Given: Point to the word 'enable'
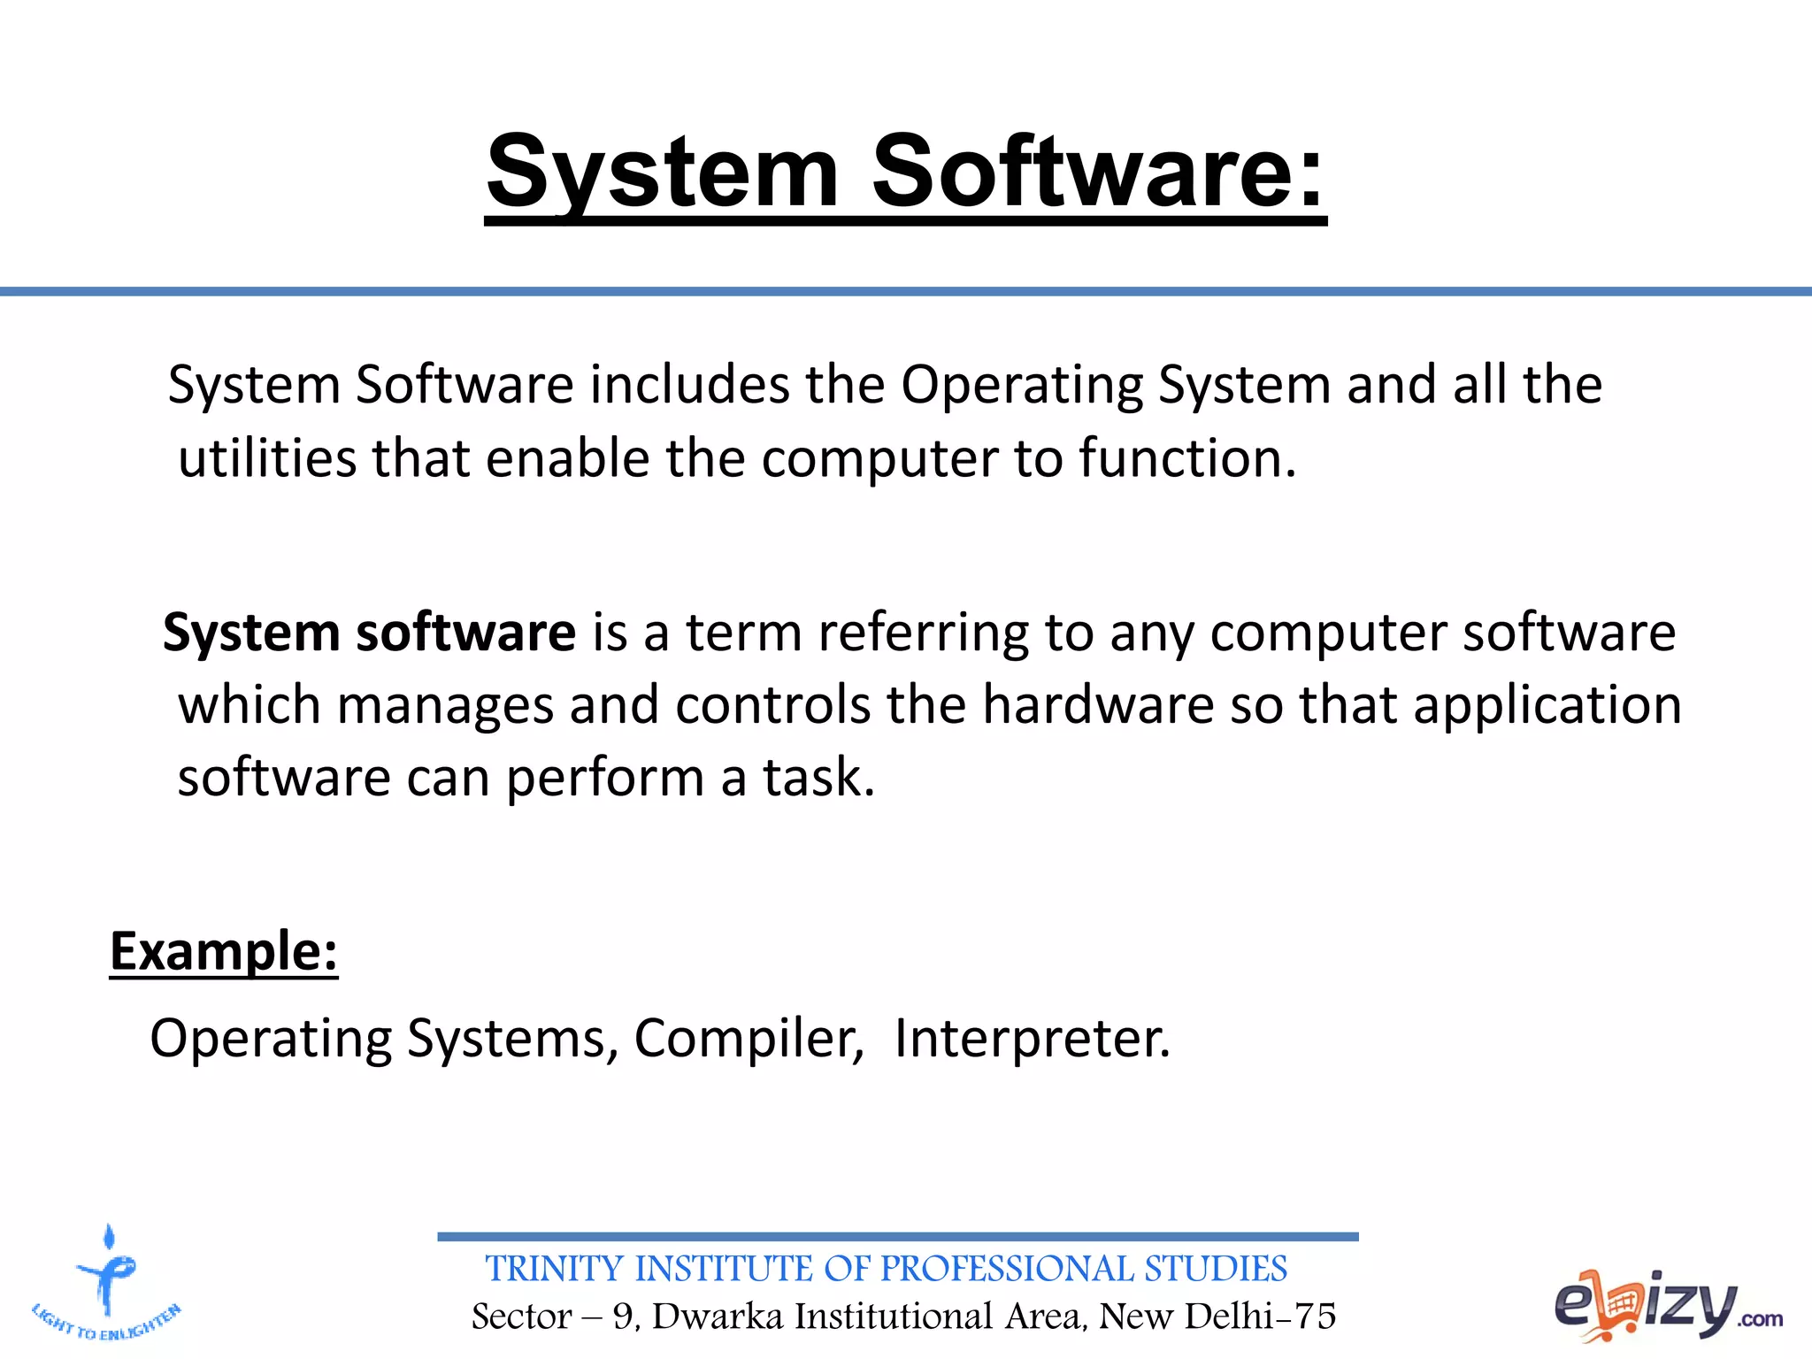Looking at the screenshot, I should pyautogui.click(x=567, y=458).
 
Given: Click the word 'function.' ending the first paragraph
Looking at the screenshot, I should pyautogui.click(x=1187, y=458).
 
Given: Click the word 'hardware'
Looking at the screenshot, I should pyautogui.click(x=1097, y=705).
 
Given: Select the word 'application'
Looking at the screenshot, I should pyautogui.click(x=1547, y=705).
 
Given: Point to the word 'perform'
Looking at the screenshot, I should pyautogui.click(x=604, y=778).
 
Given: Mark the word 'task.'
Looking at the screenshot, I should pyautogui.click(x=818, y=778).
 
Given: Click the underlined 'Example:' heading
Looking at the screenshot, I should pyautogui.click(x=224, y=951).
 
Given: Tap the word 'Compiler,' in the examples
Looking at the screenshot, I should pyautogui.click(x=749, y=1038).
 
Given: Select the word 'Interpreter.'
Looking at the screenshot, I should pyautogui.click(x=1032, y=1038).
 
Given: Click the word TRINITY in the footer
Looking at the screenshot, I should pyautogui.click(x=554, y=1269).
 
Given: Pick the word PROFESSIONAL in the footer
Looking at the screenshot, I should pyautogui.click(x=1007, y=1269).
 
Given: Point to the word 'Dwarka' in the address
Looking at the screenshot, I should pyautogui.click(x=718, y=1317).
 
